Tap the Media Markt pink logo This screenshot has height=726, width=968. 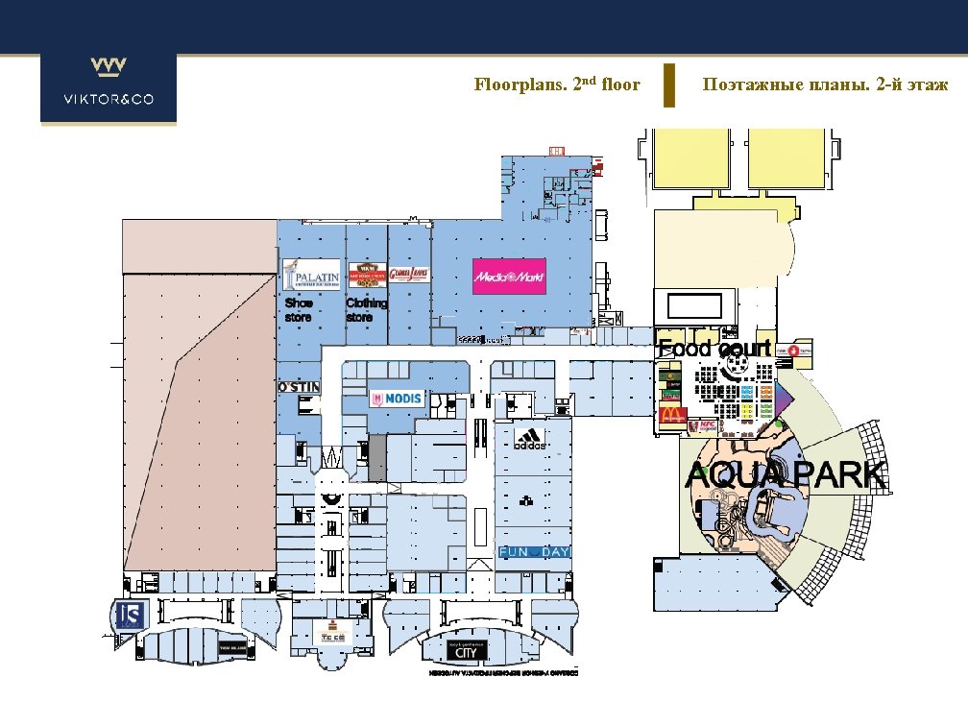[x=509, y=277]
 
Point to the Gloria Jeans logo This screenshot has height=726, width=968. [x=407, y=274]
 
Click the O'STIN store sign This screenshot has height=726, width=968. [x=299, y=387]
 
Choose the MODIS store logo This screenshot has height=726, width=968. [x=397, y=399]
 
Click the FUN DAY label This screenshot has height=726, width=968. [x=534, y=552]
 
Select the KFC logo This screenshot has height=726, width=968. [x=708, y=423]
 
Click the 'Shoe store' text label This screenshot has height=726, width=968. [x=299, y=309]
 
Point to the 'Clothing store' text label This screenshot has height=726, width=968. [x=366, y=309]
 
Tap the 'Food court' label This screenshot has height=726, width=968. [x=714, y=349]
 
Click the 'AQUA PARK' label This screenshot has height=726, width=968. [x=785, y=474]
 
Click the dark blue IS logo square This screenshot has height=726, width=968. [x=129, y=616]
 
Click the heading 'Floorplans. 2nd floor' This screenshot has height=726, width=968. [x=557, y=85]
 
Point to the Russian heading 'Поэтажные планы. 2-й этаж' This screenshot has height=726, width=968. [x=825, y=85]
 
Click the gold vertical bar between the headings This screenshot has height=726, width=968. [x=669, y=85]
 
